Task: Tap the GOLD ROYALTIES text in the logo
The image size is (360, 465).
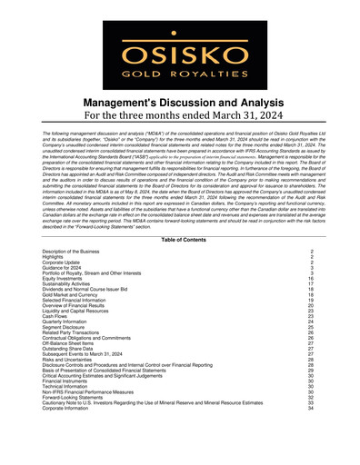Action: click(180, 70)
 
